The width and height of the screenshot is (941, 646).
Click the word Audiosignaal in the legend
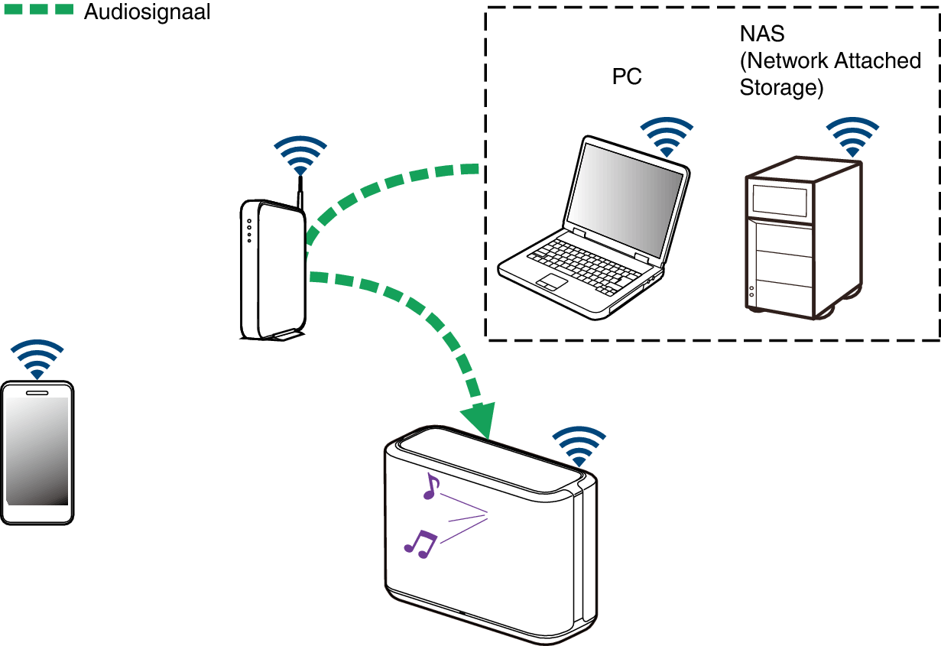point(147,12)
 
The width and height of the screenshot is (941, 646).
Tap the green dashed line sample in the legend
point(39,9)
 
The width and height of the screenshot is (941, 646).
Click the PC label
point(627,76)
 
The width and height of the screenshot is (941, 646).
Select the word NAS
point(762,34)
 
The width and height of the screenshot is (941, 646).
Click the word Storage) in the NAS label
point(781,88)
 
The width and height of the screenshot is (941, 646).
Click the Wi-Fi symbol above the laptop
point(667,138)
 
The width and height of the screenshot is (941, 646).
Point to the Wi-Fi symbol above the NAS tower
point(852,138)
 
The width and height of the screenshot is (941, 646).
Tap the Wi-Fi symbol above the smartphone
point(37,359)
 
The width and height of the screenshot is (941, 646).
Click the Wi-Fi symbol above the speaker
point(579,446)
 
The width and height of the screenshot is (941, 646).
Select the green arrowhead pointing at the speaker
point(480,420)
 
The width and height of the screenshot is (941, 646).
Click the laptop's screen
point(625,200)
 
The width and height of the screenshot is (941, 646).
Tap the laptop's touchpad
point(552,282)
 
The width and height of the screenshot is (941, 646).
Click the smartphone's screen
point(37,451)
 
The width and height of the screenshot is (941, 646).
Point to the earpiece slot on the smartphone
point(37,393)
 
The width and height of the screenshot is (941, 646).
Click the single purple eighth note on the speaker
point(431,486)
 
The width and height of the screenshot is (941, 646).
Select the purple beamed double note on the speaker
point(420,544)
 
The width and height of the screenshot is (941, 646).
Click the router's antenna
point(300,193)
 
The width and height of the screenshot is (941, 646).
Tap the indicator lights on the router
point(249,231)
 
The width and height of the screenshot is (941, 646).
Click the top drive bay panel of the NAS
point(779,201)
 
